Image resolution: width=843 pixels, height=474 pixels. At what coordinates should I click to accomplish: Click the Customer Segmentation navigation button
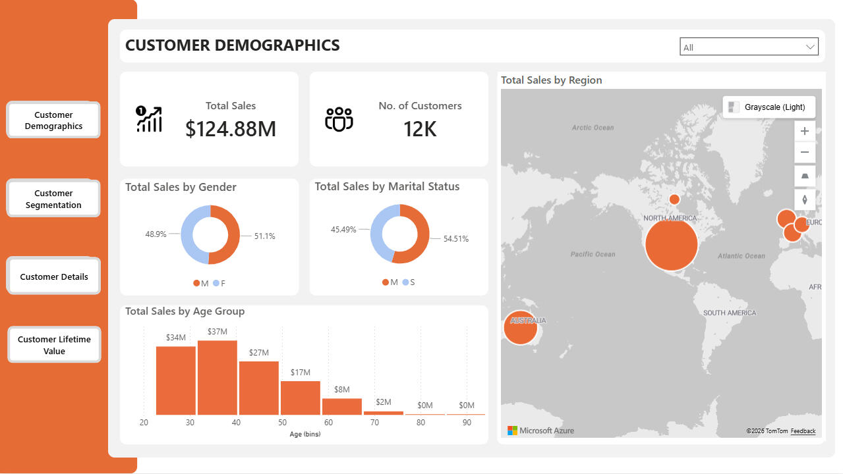pyautogui.click(x=53, y=199)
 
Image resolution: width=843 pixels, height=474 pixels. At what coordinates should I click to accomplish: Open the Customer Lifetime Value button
pyautogui.click(x=54, y=345)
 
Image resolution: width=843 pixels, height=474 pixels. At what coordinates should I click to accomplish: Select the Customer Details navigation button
pyautogui.click(x=53, y=276)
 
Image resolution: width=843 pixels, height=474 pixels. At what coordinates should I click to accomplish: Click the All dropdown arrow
pyautogui.click(x=810, y=47)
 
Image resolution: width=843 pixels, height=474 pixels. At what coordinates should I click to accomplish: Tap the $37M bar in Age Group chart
pyautogui.click(x=217, y=377)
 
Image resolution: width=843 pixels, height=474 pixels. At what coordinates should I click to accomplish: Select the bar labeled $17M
pyautogui.click(x=300, y=398)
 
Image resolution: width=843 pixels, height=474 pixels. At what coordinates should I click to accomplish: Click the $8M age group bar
pyautogui.click(x=341, y=406)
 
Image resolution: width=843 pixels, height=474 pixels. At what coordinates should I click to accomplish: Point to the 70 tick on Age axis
pyautogui.click(x=374, y=422)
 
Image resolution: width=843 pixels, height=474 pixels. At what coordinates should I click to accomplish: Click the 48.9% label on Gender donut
pyautogui.click(x=156, y=234)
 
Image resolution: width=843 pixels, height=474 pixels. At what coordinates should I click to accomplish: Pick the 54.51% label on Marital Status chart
pyautogui.click(x=456, y=239)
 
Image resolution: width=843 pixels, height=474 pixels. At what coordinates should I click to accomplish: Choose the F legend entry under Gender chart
pyautogui.click(x=219, y=283)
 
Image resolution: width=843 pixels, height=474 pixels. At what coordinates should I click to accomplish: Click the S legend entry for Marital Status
pyautogui.click(x=409, y=282)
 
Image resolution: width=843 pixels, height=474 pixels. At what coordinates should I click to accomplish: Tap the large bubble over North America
pyautogui.click(x=671, y=244)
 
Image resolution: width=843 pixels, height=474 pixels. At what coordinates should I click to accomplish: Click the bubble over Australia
pyautogui.click(x=520, y=327)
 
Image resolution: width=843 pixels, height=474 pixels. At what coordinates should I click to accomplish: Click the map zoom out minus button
pyautogui.click(x=804, y=153)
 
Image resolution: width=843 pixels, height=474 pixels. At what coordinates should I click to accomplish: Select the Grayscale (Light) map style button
pyautogui.click(x=768, y=107)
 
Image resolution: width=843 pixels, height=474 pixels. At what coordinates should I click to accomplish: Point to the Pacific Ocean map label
pyautogui.click(x=593, y=254)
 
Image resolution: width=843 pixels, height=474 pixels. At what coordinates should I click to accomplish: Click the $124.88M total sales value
pyautogui.click(x=231, y=129)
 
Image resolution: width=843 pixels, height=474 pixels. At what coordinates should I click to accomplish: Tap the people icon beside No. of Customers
pyautogui.click(x=339, y=119)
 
